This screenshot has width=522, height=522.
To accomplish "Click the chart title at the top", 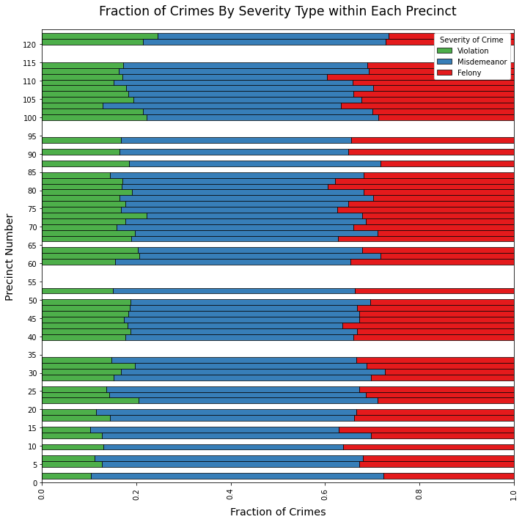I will (277, 12).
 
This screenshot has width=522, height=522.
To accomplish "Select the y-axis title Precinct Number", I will (10, 257).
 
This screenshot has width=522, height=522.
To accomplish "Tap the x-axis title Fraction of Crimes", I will (277, 512).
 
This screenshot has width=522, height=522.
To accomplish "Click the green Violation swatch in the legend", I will (445, 51).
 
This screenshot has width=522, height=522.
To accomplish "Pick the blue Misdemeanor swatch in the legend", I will (445, 62).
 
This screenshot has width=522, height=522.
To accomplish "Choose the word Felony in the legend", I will (469, 73).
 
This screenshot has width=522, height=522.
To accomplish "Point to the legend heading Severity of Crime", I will (472, 39).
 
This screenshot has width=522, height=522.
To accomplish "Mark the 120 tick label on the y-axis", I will (29, 45).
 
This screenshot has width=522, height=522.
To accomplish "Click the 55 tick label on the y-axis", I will (32, 282).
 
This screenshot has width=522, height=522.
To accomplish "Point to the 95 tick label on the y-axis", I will (32, 136).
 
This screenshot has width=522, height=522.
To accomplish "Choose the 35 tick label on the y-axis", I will (32, 356).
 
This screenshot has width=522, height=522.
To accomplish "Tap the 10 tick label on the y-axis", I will (32, 446).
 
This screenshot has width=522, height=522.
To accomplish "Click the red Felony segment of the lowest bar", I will (448, 476).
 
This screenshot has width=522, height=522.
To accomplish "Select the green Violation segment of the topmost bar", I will (100, 36).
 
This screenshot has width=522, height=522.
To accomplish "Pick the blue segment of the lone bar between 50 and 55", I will (234, 291).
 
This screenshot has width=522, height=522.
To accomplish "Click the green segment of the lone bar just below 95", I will (81, 140).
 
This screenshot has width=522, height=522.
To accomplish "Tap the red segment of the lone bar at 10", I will (428, 446).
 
